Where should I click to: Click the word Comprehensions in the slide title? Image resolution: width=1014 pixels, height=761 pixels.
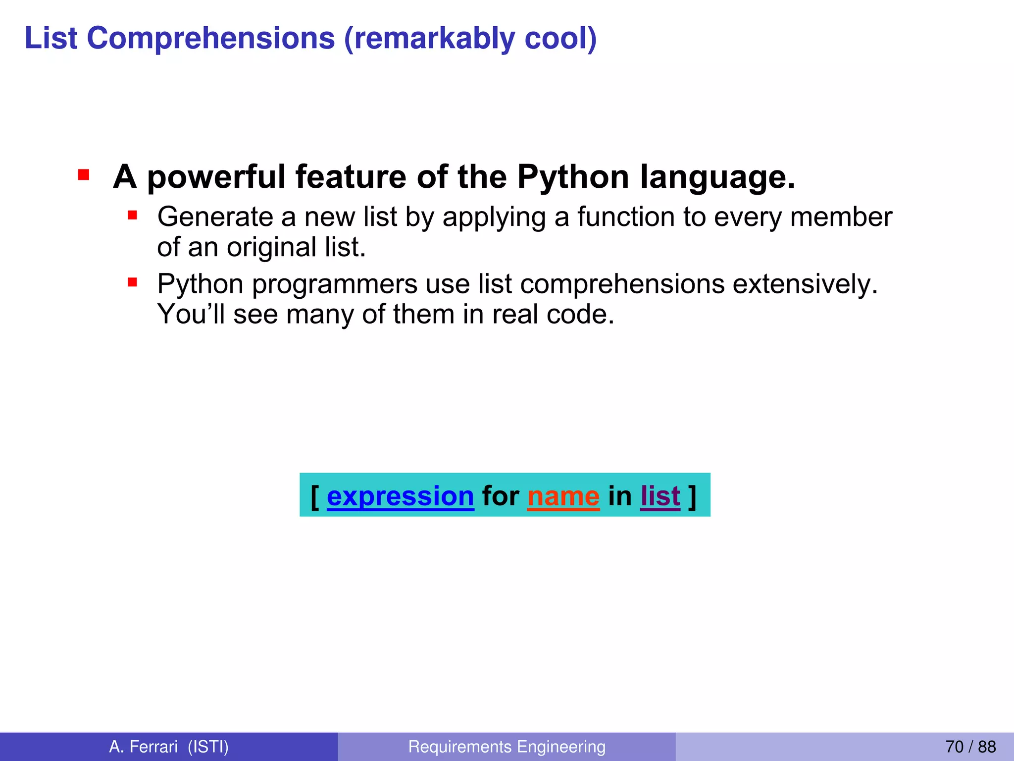coord(211,39)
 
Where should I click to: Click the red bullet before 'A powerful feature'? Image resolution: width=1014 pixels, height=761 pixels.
coord(83,175)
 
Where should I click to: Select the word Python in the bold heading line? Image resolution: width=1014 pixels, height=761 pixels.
coord(573,177)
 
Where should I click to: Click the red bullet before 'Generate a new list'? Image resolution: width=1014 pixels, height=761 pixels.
coord(132,215)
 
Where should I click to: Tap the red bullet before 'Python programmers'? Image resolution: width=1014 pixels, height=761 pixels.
coord(132,282)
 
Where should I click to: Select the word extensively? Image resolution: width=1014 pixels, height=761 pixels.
coord(805,284)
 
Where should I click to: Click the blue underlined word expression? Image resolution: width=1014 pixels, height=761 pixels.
coord(400,495)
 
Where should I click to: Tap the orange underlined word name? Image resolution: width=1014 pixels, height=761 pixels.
coord(563,495)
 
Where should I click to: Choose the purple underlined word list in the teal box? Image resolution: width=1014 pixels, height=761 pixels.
coord(660,495)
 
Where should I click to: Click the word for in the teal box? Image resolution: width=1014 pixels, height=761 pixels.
coord(501,495)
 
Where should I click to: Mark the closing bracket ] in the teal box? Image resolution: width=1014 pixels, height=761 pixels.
coord(692,495)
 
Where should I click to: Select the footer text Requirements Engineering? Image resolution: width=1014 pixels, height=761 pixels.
coord(507,747)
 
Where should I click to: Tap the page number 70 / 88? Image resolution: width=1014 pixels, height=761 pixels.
coord(970,747)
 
